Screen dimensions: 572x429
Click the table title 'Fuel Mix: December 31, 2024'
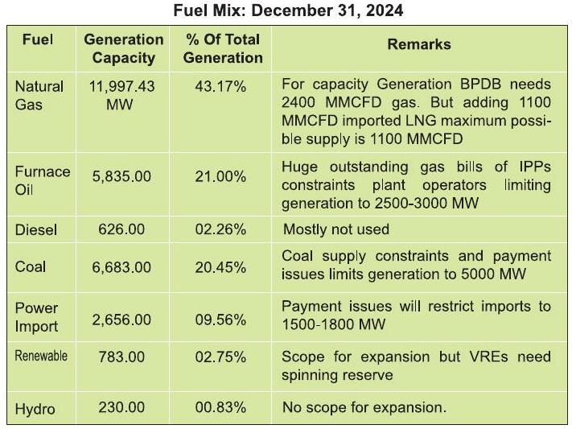288,10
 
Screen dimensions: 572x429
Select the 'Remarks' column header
419,44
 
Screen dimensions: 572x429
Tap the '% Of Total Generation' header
223,48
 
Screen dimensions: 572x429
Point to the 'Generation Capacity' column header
124,48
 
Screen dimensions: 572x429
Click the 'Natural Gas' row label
39,96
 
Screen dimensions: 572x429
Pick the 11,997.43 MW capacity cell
121,96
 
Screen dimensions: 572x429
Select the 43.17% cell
220,87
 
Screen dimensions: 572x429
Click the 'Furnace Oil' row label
43,180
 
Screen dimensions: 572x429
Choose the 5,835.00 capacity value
121,177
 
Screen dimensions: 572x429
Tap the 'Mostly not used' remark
336,229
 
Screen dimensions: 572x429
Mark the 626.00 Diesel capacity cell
121,229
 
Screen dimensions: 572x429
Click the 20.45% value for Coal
220,268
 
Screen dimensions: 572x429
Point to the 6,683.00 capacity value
121,268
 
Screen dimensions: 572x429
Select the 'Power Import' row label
36,317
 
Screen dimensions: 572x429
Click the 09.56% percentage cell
220,320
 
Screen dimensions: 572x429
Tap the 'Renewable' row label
41,356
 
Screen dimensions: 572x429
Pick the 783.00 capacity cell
121,357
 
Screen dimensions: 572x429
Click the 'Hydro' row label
35,409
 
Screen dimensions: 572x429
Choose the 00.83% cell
220,407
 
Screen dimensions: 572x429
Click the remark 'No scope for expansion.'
364,407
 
